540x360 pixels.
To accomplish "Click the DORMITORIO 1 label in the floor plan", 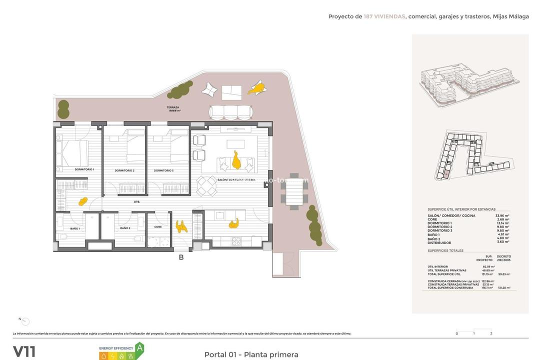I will click(84, 170).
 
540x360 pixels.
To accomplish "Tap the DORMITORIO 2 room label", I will click(124, 170).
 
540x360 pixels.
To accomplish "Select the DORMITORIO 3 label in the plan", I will click(163, 170).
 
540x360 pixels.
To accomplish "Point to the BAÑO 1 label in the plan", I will click(75, 228).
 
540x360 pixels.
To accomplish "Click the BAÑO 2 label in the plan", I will click(125, 228).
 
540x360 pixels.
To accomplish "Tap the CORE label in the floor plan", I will click(158, 226).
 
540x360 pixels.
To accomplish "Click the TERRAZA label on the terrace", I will click(173, 107).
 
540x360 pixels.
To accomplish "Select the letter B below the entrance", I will click(181, 257).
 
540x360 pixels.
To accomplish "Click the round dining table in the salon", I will click(206, 187).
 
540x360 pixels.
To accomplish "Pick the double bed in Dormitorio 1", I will click(74, 153).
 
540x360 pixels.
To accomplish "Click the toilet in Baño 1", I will click(62, 237).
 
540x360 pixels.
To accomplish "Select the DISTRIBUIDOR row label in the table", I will click(439, 242).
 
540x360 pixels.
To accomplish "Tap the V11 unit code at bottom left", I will click(24, 351).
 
